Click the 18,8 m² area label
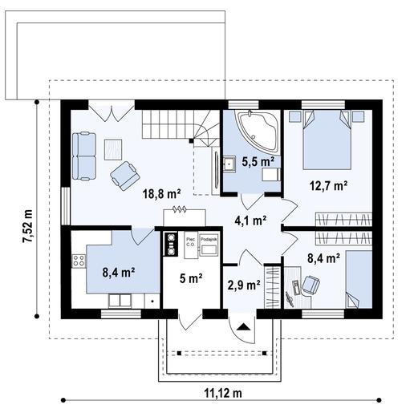coord(161,193)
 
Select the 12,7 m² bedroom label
coord(327,185)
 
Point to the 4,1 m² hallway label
coord(251,221)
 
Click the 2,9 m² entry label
coord(243,285)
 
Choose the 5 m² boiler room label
coord(190,280)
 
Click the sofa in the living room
coord(83,155)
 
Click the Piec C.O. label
coord(191,241)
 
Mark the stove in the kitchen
coord(79,260)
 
